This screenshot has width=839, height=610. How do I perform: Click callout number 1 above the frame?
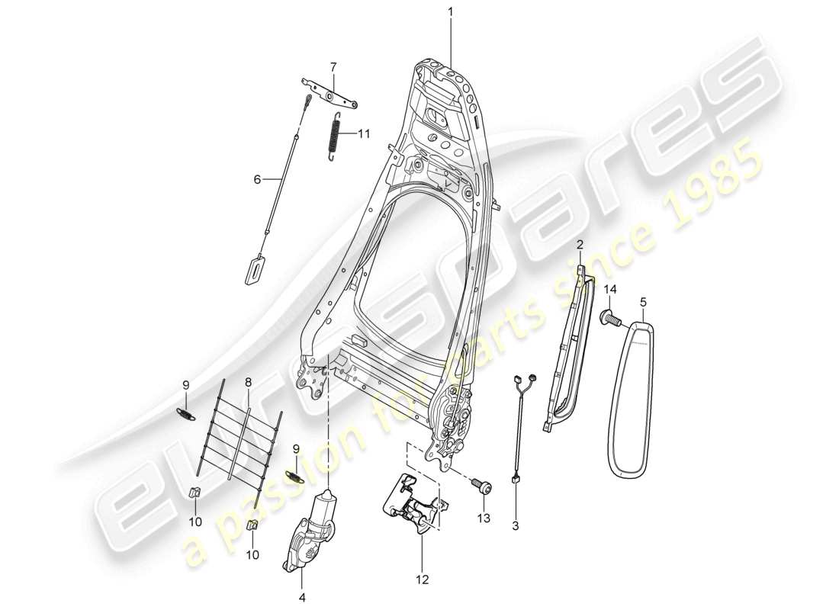[450, 12]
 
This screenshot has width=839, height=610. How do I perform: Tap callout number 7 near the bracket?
[333, 66]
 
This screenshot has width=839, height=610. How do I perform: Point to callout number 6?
[257, 179]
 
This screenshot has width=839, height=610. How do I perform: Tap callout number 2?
[580, 244]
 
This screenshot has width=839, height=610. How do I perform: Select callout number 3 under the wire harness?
[516, 525]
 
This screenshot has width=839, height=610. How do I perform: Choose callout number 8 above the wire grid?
[248, 381]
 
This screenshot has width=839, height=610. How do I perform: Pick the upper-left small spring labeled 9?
[185, 413]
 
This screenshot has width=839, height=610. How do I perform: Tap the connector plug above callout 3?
[515, 480]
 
